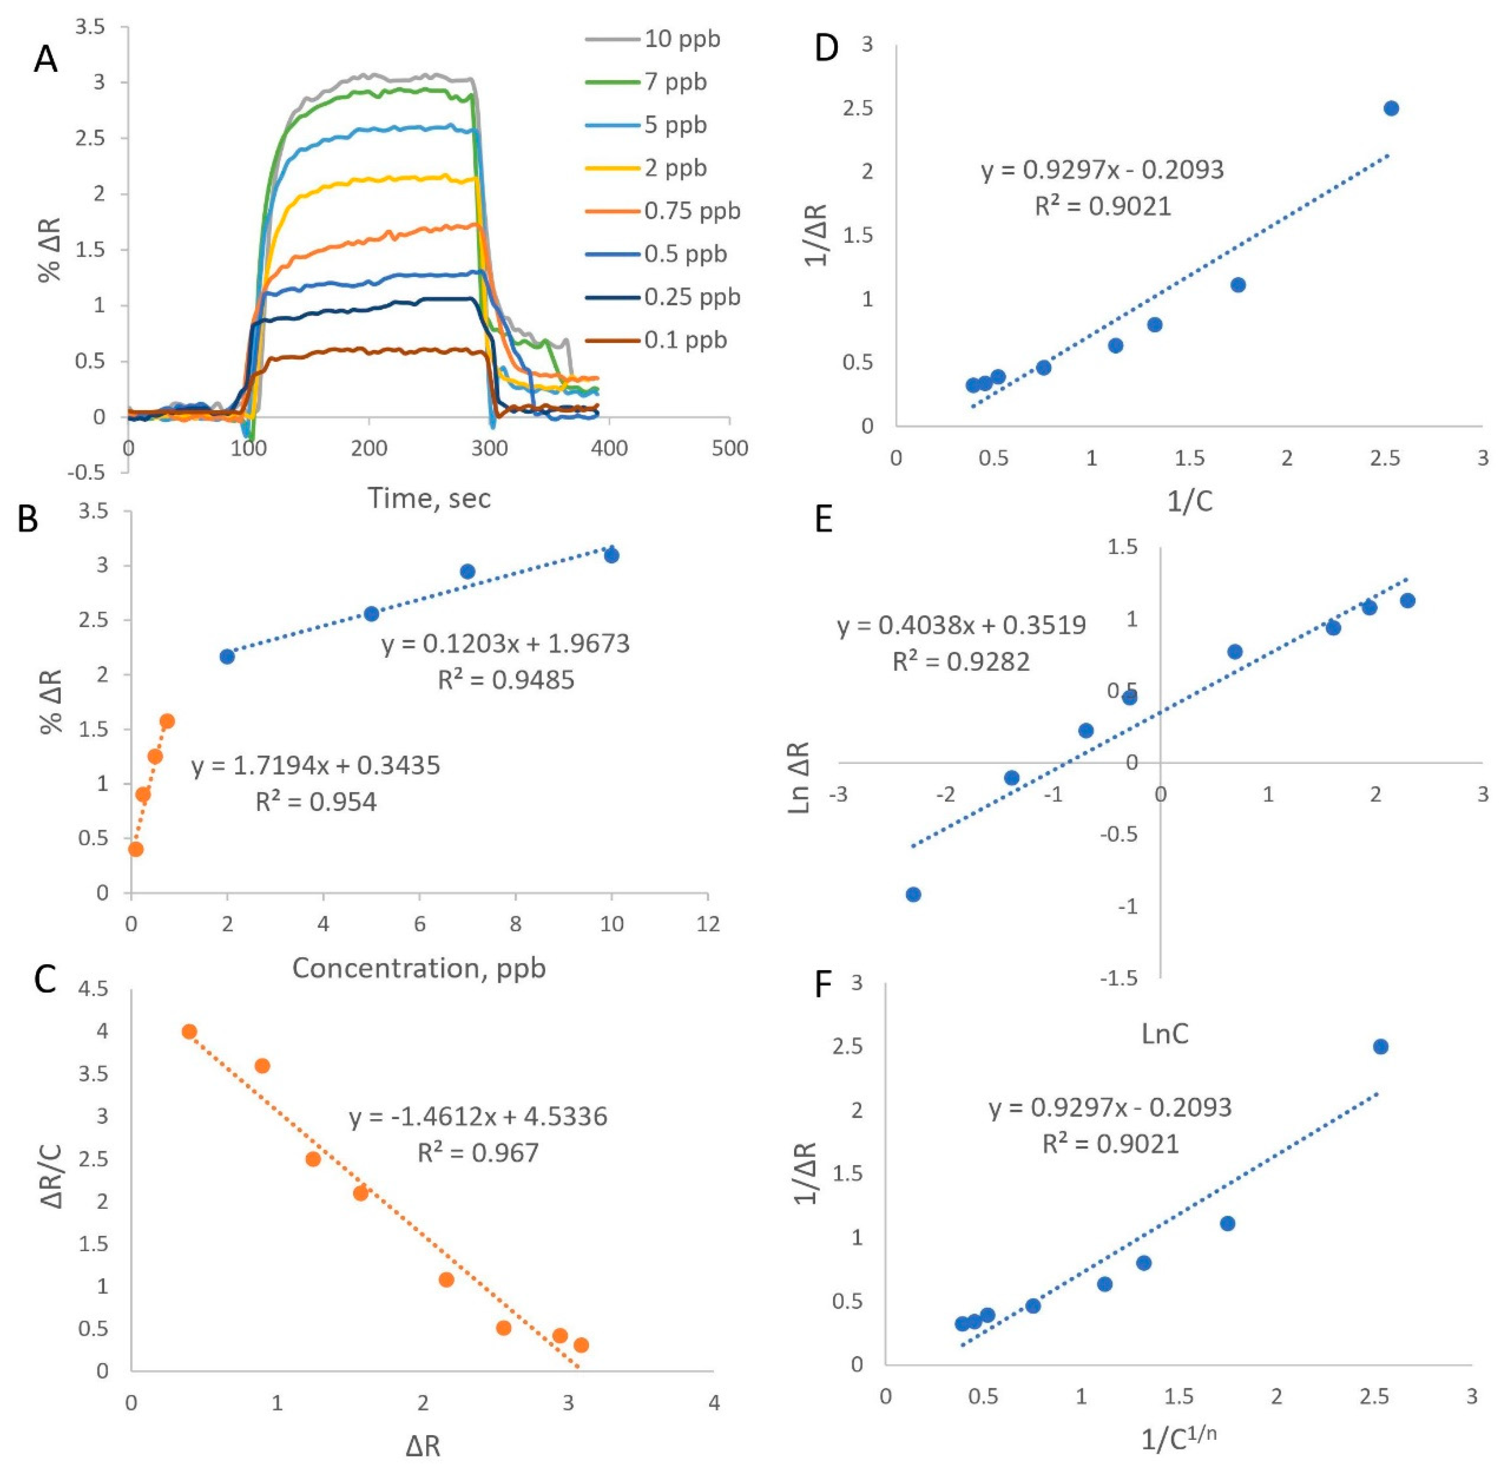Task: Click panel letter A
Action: point(45,59)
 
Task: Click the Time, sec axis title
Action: point(429,498)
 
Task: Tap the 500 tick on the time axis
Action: point(730,448)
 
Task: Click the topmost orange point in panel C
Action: point(189,1031)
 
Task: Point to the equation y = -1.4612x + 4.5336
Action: point(477,1117)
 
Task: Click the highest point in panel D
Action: point(1391,108)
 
